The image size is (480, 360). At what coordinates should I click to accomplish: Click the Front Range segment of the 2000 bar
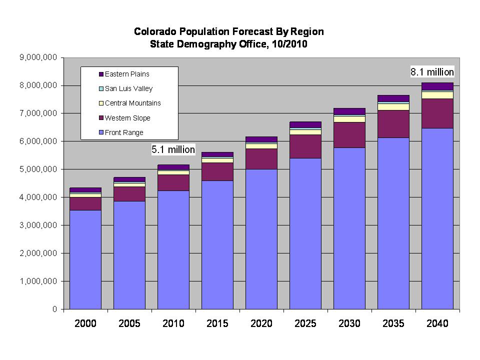click(85, 259)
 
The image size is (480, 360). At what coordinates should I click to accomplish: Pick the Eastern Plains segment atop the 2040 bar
click(437, 86)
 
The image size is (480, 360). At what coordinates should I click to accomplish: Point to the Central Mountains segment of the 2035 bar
click(393, 106)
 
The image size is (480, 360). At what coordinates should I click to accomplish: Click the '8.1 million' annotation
click(432, 72)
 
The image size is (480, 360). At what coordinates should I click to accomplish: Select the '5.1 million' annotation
click(173, 149)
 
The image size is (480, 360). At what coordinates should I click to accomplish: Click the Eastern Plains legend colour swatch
click(100, 74)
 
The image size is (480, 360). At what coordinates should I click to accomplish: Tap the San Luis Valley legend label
click(128, 88)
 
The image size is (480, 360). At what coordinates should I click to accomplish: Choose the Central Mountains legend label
click(132, 103)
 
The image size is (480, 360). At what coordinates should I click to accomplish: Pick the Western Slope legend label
click(127, 118)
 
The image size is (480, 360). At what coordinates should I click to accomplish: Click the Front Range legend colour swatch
click(100, 133)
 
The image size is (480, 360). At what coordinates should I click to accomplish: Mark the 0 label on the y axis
click(54, 309)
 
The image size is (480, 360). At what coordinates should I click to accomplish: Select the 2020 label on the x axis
click(261, 323)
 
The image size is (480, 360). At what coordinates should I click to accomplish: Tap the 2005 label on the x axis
click(129, 323)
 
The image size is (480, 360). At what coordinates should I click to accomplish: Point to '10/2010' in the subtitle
click(288, 44)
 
